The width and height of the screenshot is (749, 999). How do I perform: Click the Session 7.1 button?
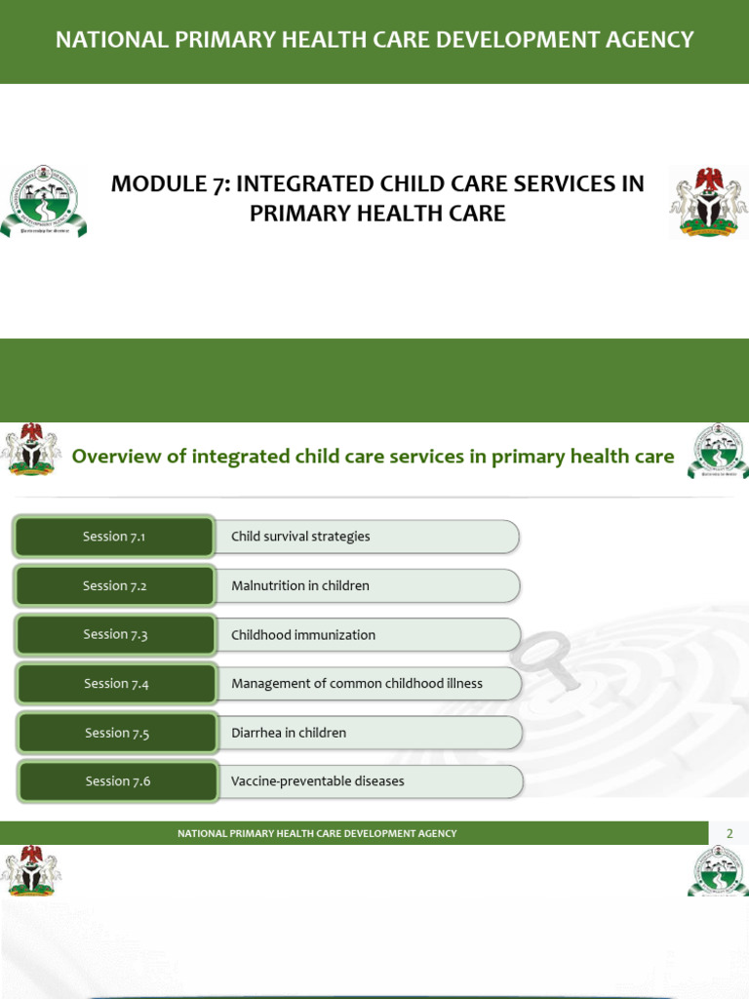114,537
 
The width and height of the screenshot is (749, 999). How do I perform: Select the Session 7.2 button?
114,585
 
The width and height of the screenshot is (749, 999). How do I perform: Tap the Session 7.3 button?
115,634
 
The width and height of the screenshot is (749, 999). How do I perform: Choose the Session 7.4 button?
116,684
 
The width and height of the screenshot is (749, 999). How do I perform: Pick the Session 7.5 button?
117,733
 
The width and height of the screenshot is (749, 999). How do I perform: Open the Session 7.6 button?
118,781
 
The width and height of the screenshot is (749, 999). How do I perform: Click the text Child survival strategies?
300,537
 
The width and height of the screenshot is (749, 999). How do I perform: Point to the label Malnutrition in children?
300,585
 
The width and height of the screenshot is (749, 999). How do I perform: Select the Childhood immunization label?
303,635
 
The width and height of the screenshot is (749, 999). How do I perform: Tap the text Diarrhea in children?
289,733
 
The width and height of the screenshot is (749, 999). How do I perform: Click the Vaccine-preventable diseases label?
318,781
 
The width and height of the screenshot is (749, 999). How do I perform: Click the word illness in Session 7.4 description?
461,684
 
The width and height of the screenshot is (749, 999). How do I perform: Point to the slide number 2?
729,833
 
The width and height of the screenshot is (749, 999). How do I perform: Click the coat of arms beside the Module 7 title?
708,201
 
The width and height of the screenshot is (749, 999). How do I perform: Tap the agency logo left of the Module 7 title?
43,203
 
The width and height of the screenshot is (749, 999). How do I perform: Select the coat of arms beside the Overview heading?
30,450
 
